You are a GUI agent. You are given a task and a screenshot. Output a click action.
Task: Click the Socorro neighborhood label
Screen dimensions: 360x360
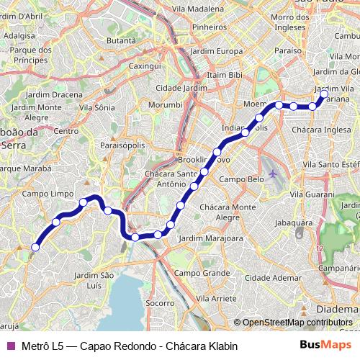(x=160, y=303)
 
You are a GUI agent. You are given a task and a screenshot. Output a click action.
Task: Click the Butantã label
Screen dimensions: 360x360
(x=120, y=41)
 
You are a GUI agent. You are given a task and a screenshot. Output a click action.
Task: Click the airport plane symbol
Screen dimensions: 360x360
(x=273, y=174)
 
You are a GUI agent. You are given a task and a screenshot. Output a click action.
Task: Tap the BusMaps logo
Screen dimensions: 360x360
(x=325, y=346)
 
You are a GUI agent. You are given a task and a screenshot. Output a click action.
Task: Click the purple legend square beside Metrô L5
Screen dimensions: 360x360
(x=9, y=346)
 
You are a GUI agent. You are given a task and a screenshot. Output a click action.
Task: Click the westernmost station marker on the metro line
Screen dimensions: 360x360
(x=35, y=247)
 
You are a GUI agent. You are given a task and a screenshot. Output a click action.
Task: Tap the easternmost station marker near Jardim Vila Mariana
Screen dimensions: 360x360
(x=324, y=94)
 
